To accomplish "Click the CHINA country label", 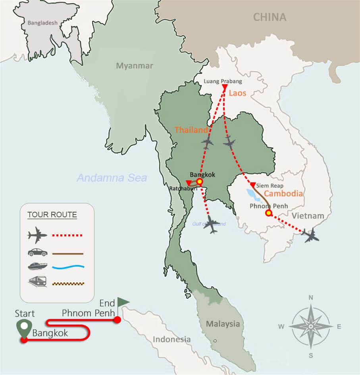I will pos(270,17).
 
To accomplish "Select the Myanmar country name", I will pos(134,66).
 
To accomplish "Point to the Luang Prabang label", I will pos(223,81).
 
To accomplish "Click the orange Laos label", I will pos(237,93).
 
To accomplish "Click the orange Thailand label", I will pos(191,130).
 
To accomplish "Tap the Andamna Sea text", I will pos(112,178).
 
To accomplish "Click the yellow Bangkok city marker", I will pos(200,182).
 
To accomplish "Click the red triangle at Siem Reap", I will pos(253,185).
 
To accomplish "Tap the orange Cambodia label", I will pos(283,193).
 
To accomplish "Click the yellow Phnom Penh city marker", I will pos(268,213).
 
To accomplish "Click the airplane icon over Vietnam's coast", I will pos(310,235).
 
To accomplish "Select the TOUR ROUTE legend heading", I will pos(52,215).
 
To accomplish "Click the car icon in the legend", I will pos(38,252).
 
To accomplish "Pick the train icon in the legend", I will pos(38,282).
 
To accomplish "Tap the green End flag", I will pos(123,302).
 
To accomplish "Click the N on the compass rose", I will pos(311,298).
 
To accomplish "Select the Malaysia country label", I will pos(223,324).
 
